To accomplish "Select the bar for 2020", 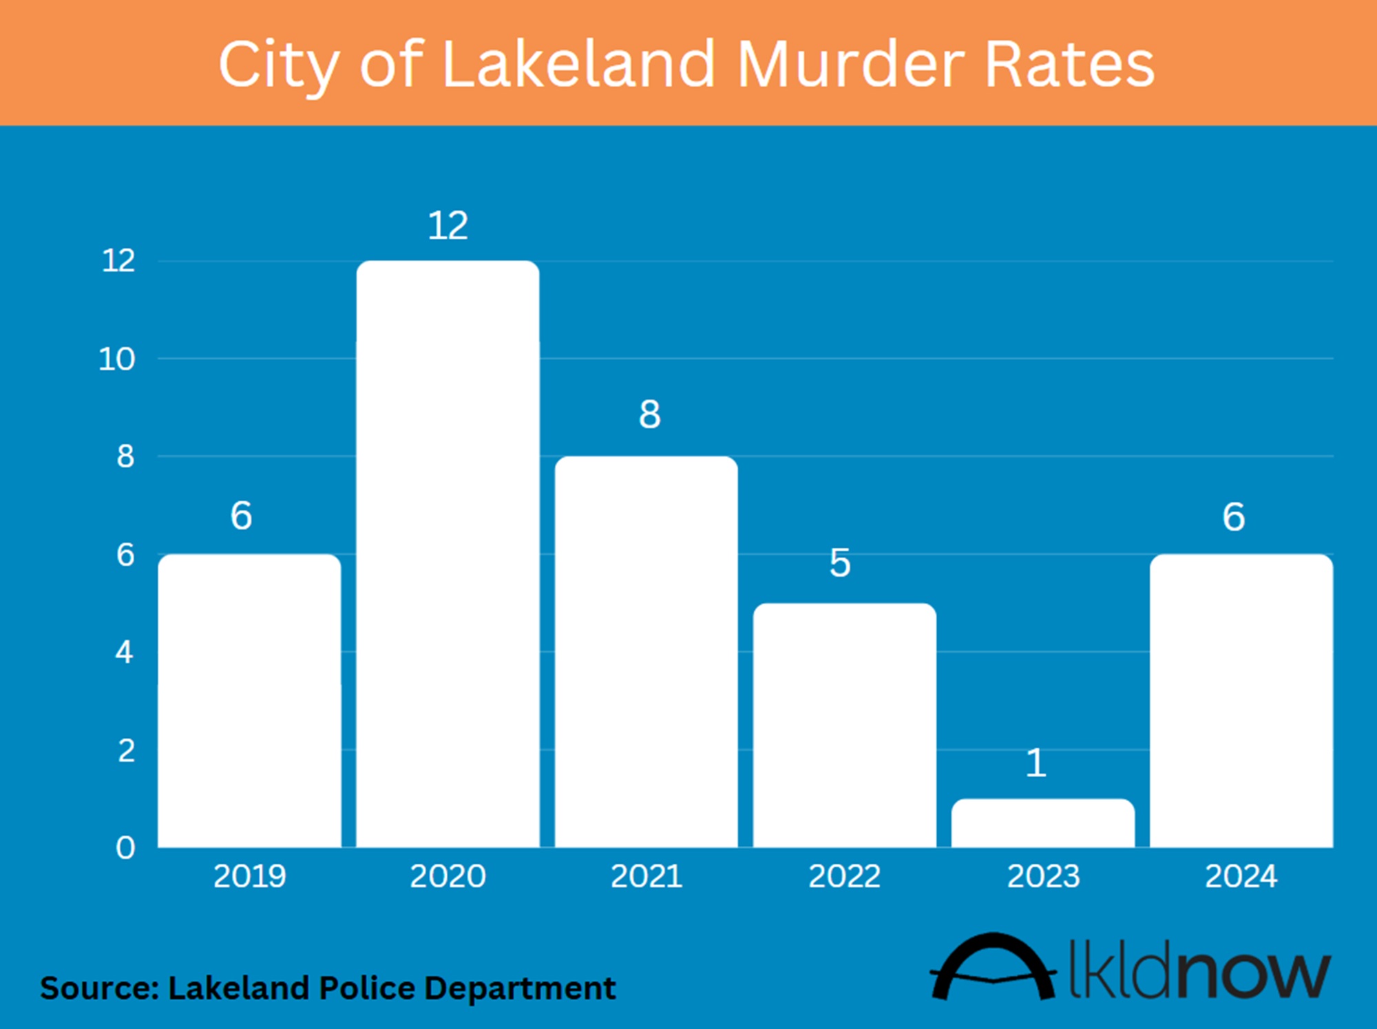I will (x=448, y=554).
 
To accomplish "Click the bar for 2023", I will (x=1042, y=823).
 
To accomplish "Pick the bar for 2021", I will (x=646, y=652).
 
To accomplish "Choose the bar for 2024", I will (x=1241, y=701).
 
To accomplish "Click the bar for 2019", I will (x=249, y=701).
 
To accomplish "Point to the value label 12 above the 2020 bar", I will (x=448, y=226).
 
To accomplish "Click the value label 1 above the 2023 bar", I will (x=1036, y=763).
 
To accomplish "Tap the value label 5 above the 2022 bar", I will (x=839, y=563).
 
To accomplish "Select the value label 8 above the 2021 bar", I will (x=649, y=414).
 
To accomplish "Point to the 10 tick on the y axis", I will (x=116, y=359).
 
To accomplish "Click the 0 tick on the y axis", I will (x=125, y=848).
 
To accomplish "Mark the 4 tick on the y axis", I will (x=124, y=652).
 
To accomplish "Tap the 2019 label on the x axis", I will (x=249, y=876).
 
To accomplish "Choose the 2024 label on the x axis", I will (x=1241, y=876).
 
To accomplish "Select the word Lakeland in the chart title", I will (x=579, y=65).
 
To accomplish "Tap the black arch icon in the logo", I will (x=993, y=967).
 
